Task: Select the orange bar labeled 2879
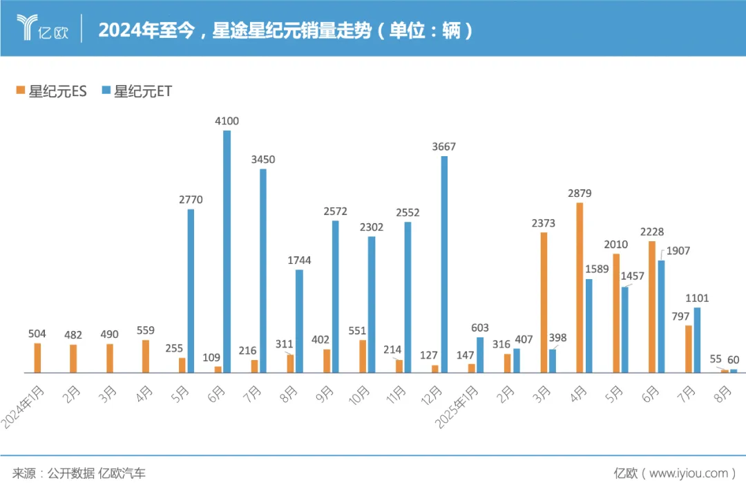point(580,287)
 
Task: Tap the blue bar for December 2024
point(444,264)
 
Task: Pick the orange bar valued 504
point(38,358)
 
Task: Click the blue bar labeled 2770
point(191,291)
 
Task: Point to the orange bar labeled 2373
point(544,303)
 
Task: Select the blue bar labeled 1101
point(697,340)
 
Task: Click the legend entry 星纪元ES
point(52,91)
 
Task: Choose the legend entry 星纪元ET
point(137,91)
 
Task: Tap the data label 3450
point(263,160)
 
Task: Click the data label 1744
point(299,261)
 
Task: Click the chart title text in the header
point(286,30)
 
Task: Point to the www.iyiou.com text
point(691,473)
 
